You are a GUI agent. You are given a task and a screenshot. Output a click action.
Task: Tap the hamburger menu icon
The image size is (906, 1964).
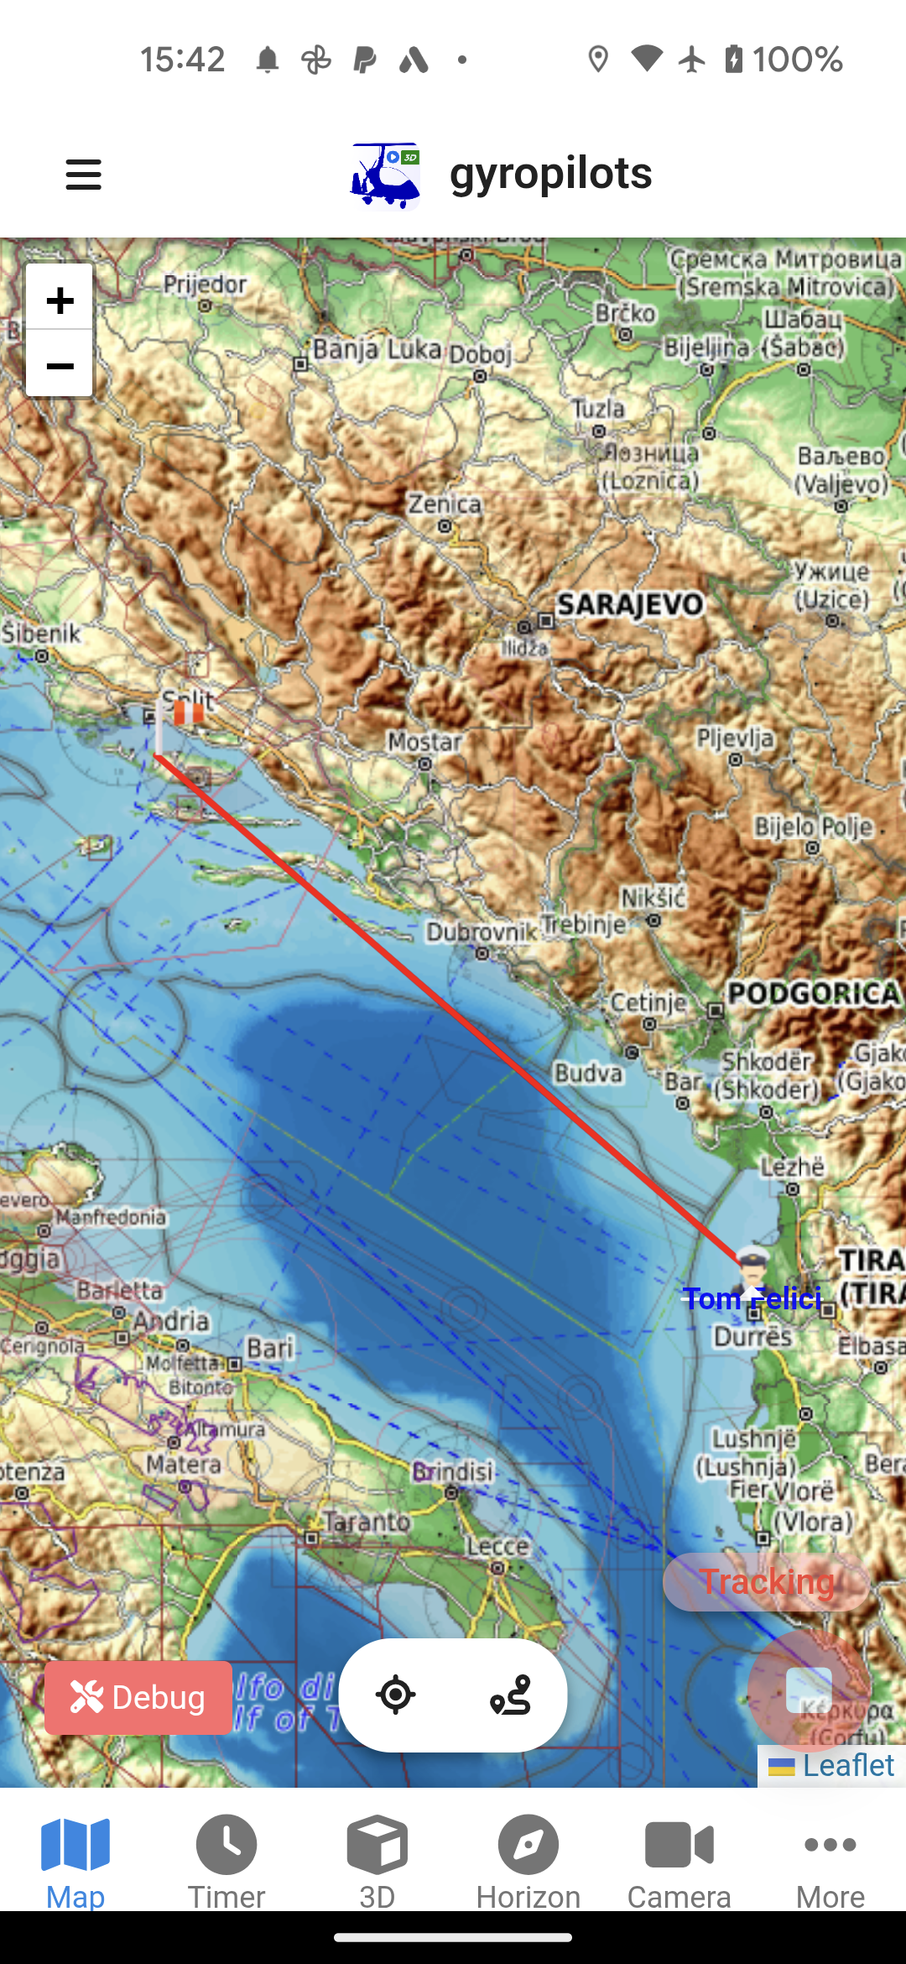point(84,175)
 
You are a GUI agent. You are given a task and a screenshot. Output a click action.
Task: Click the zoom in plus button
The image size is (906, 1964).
point(60,299)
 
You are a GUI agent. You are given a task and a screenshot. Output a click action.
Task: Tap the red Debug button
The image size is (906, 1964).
point(138,1697)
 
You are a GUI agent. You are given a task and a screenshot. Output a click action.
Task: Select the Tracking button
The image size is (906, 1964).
point(766,1582)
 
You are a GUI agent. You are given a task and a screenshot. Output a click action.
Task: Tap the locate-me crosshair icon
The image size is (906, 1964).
point(395,1695)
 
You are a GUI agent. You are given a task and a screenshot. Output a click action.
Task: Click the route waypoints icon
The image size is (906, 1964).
point(511,1695)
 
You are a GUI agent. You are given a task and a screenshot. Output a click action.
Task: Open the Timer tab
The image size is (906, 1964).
point(226,1859)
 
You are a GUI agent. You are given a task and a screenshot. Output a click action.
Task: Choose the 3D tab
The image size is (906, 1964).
point(377,1859)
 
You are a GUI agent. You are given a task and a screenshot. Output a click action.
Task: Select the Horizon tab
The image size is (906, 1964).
point(528,1859)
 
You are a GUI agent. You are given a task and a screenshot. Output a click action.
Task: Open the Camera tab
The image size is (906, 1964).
point(679,1859)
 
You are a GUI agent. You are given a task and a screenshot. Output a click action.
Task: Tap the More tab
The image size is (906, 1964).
point(830,1859)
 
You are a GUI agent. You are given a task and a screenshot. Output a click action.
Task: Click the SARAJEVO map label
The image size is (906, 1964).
point(630,604)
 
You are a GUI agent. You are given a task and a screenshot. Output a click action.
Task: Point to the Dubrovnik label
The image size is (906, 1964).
point(481,932)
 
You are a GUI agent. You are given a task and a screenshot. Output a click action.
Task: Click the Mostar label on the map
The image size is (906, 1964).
point(424,742)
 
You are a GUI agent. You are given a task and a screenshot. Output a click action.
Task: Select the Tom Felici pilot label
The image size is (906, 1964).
point(752,1298)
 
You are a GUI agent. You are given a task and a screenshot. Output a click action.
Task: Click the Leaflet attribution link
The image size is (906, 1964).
point(847,1765)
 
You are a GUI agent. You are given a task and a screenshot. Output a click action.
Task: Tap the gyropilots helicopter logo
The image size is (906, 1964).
point(385,175)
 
